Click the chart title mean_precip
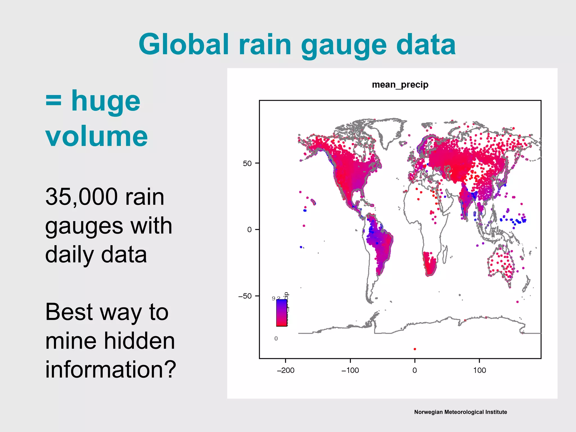click(x=400, y=85)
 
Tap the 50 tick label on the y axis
click(x=247, y=163)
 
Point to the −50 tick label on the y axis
click(x=245, y=296)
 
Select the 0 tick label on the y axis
click(x=249, y=230)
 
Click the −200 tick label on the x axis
click(x=285, y=370)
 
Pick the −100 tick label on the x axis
click(x=350, y=370)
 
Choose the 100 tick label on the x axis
click(x=480, y=370)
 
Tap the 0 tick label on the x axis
click(x=415, y=370)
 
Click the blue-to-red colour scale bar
click(x=282, y=313)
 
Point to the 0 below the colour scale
click(x=276, y=339)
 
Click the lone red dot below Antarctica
click(x=415, y=349)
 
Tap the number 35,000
click(x=81, y=197)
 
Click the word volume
click(x=96, y=136)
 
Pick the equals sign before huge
click(x=53, y=101)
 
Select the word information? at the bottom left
click(x=111, y=369)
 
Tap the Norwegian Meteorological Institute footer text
click(x=460, y=412)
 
